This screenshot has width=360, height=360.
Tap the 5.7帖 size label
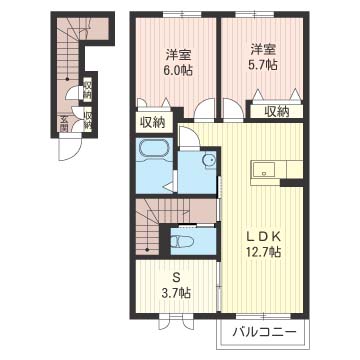[263, 64]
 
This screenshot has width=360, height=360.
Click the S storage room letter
[176, 278]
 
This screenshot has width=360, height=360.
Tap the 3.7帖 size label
[177, 293]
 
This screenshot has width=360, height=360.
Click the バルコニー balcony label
[265, 332]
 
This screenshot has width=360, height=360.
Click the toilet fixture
[182, 241]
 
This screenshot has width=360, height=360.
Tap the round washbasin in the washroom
[210, 160]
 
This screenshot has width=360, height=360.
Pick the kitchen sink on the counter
[263, 170]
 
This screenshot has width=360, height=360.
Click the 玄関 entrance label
[64, 124]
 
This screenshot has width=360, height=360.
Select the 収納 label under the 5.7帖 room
[277, 113]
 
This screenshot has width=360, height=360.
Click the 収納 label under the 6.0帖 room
[153, 123]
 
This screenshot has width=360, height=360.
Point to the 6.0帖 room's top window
[182, 14]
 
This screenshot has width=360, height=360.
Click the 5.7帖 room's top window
[255, 14]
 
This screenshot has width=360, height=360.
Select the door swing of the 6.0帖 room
[205, 110]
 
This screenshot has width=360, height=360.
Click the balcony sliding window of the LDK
[264, 316]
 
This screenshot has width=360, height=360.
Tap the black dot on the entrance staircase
[67, 79]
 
